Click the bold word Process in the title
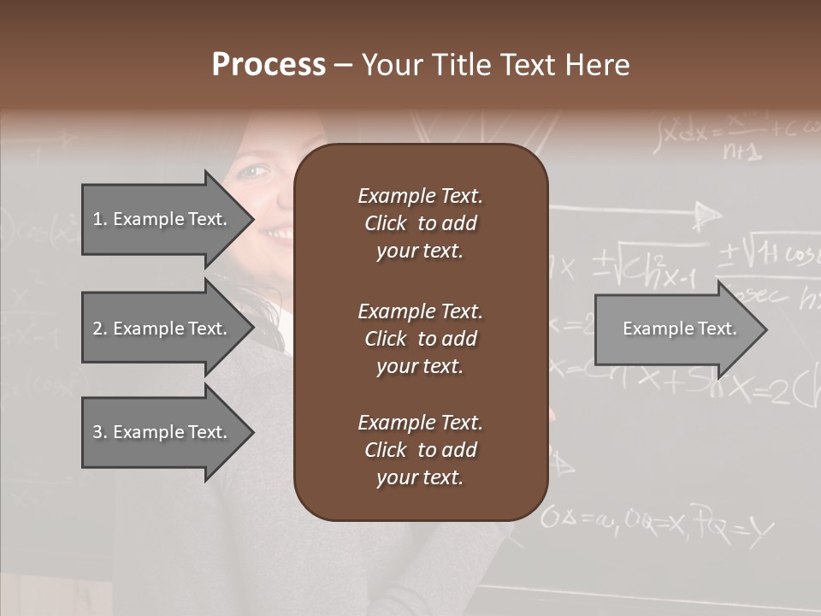269,65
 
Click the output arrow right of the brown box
679,329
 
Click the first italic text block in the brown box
420,223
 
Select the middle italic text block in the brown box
420,339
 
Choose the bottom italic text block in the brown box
420,450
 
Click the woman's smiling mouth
275,233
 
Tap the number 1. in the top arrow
99,219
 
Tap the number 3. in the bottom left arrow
99,432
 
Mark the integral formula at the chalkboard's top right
731,137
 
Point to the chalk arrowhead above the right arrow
706,215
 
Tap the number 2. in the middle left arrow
99,329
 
